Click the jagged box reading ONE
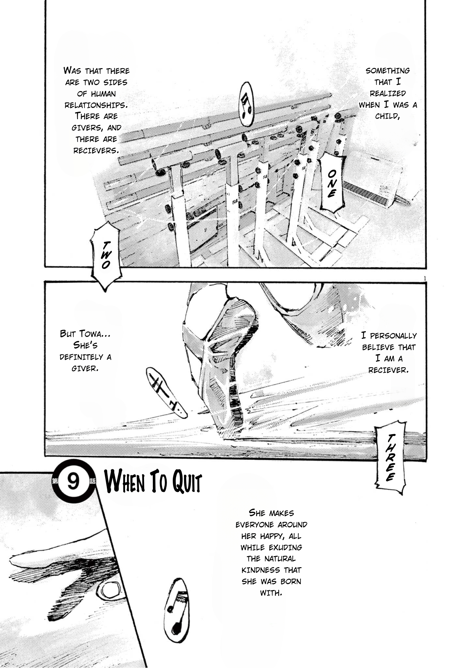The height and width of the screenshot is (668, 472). point(332,183)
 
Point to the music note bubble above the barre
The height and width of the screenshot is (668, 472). point(247,104)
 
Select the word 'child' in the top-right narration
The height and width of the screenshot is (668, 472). point(387,116)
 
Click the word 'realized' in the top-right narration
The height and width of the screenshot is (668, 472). point(388,94)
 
